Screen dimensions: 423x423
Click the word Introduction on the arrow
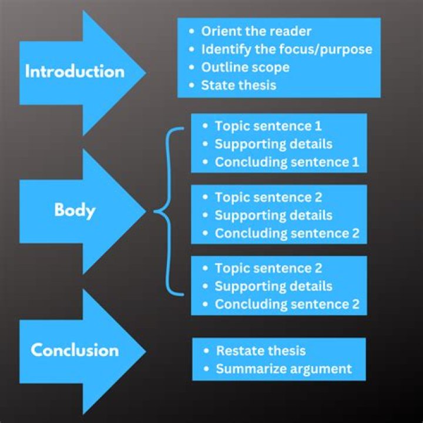[x=75, y=72]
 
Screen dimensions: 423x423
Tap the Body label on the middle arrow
[x=75, y=210]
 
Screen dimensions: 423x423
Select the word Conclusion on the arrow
[x=75, y=350]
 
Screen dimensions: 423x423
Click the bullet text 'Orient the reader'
[x=256, y=32]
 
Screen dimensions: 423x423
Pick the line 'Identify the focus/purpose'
[x=287, y=49]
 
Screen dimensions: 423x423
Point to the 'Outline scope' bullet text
[x=245, y=67]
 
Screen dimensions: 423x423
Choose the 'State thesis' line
[x=239, y=85]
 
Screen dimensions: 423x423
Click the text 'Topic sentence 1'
[x=268, y=126]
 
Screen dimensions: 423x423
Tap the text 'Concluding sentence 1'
[x=287, y=162]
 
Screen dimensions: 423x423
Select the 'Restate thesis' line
[x=261, y=351]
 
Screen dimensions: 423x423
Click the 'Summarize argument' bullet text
[x=284, y=369]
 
